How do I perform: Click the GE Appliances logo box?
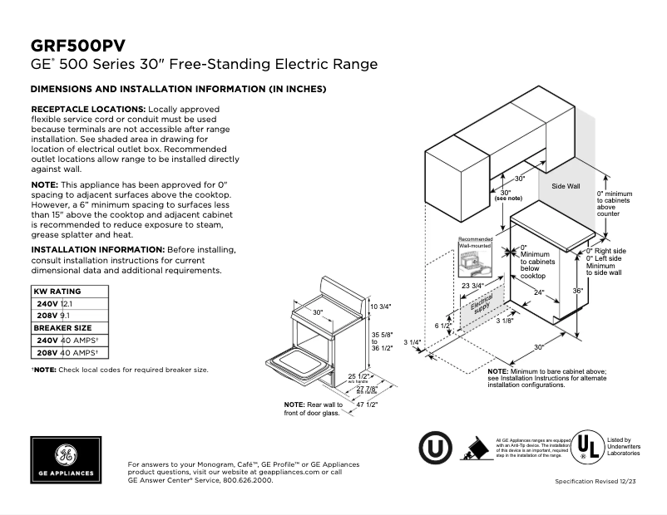click(x=66, y=459)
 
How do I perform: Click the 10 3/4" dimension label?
click(x=380, y=307)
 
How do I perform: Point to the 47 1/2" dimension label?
click(x=367, y=405)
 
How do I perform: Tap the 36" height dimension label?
click(x=577, y=291)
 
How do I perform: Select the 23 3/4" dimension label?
click(x=472, y=285)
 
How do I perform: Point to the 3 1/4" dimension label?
click(x=413, y=342)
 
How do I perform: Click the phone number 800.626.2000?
click(x=247, y=480)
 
